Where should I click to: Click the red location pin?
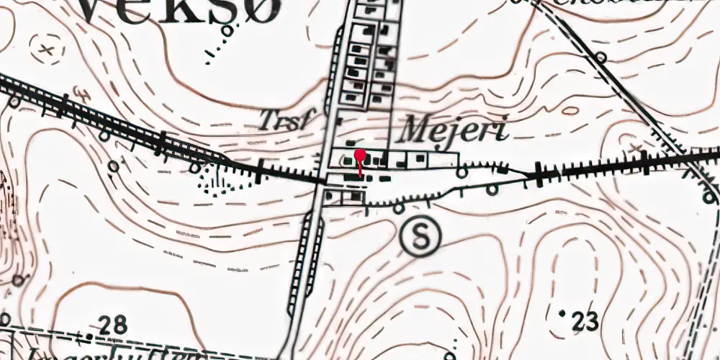[359, 155]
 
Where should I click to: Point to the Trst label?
[287, 120]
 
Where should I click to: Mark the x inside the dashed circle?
[47, 50]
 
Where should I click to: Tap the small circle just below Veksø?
[228, 30]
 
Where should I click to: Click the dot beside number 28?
[88, 336]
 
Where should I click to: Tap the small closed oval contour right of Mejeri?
[570, 111]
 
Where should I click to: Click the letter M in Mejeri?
[415, 130]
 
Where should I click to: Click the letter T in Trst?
[270, 119]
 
